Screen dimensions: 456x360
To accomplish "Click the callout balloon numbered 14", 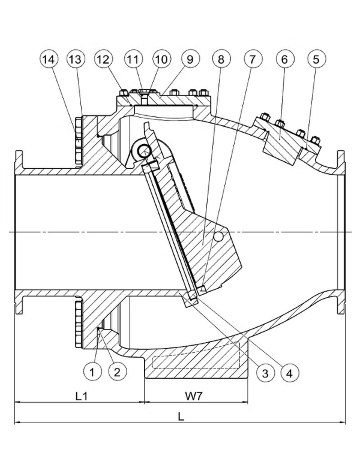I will tap(50, 60).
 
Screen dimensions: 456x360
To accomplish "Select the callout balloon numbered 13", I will tap(76, 60).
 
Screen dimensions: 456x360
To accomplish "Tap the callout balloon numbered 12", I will tap(104, 60).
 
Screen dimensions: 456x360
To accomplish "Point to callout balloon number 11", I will tap(133, 60).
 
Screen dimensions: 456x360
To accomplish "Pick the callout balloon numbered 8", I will tap(221, 60).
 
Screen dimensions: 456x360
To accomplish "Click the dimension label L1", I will tap(82, 396).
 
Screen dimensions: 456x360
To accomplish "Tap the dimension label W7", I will tap(193, 396).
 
